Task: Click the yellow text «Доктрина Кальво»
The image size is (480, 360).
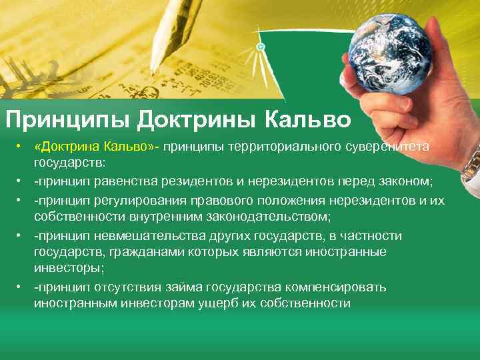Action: click(93, 146)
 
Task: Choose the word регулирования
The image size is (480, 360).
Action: click(126, 200)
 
